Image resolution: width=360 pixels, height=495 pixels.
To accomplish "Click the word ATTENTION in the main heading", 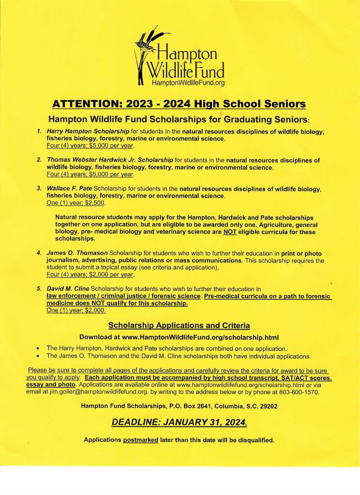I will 85,104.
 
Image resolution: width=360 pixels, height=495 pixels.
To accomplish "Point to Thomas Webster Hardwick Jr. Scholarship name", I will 110,160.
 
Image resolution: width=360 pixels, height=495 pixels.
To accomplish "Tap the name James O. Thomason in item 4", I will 77,254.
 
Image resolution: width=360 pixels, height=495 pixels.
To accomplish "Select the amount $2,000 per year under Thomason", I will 111,274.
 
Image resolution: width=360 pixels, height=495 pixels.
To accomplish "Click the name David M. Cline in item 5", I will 70,289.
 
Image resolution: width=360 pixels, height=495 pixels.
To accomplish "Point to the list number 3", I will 39,189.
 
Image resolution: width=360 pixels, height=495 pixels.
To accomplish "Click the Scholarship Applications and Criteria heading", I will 179,325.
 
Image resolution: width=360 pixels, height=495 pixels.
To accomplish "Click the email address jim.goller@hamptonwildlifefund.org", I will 101,391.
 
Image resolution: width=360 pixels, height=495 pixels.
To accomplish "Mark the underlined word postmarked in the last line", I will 141,440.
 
